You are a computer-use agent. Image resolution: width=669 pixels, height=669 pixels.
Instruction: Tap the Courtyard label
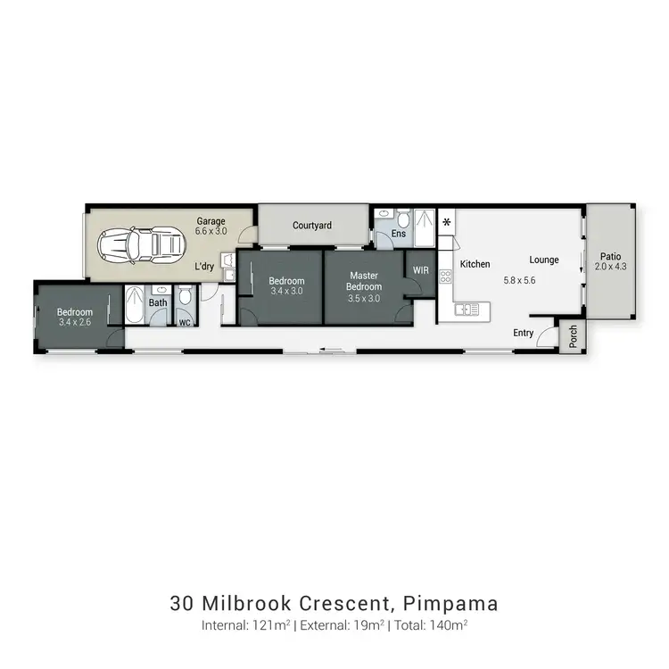pos(312,226)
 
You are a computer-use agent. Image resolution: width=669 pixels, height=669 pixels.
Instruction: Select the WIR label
pos(420,268)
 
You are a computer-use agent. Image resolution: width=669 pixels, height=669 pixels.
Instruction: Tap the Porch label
pos(574,337)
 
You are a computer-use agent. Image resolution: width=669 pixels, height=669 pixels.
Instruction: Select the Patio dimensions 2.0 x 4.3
pos(611,266)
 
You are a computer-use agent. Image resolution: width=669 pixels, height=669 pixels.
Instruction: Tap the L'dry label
pos(204,266)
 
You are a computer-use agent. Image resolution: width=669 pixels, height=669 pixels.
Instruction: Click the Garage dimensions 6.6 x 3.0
pos(211,231)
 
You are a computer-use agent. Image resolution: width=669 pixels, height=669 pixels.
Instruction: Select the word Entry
pos(524,333)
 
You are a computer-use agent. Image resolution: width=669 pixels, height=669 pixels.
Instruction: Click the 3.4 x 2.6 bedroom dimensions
pos(75,322)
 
